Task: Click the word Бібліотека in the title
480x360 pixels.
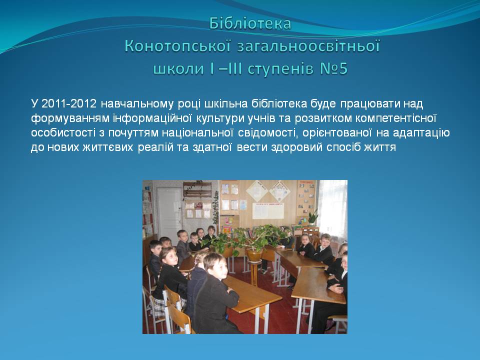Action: click(x=250, y=23)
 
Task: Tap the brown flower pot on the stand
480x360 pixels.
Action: click(x=254, y=254)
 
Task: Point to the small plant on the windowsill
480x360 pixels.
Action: click(x=312, y=217)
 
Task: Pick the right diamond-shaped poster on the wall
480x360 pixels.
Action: click(x=279, y=191)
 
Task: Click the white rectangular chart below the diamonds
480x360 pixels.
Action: click(x=268, y=211)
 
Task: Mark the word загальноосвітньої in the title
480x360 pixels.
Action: click(x=308, y=46)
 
